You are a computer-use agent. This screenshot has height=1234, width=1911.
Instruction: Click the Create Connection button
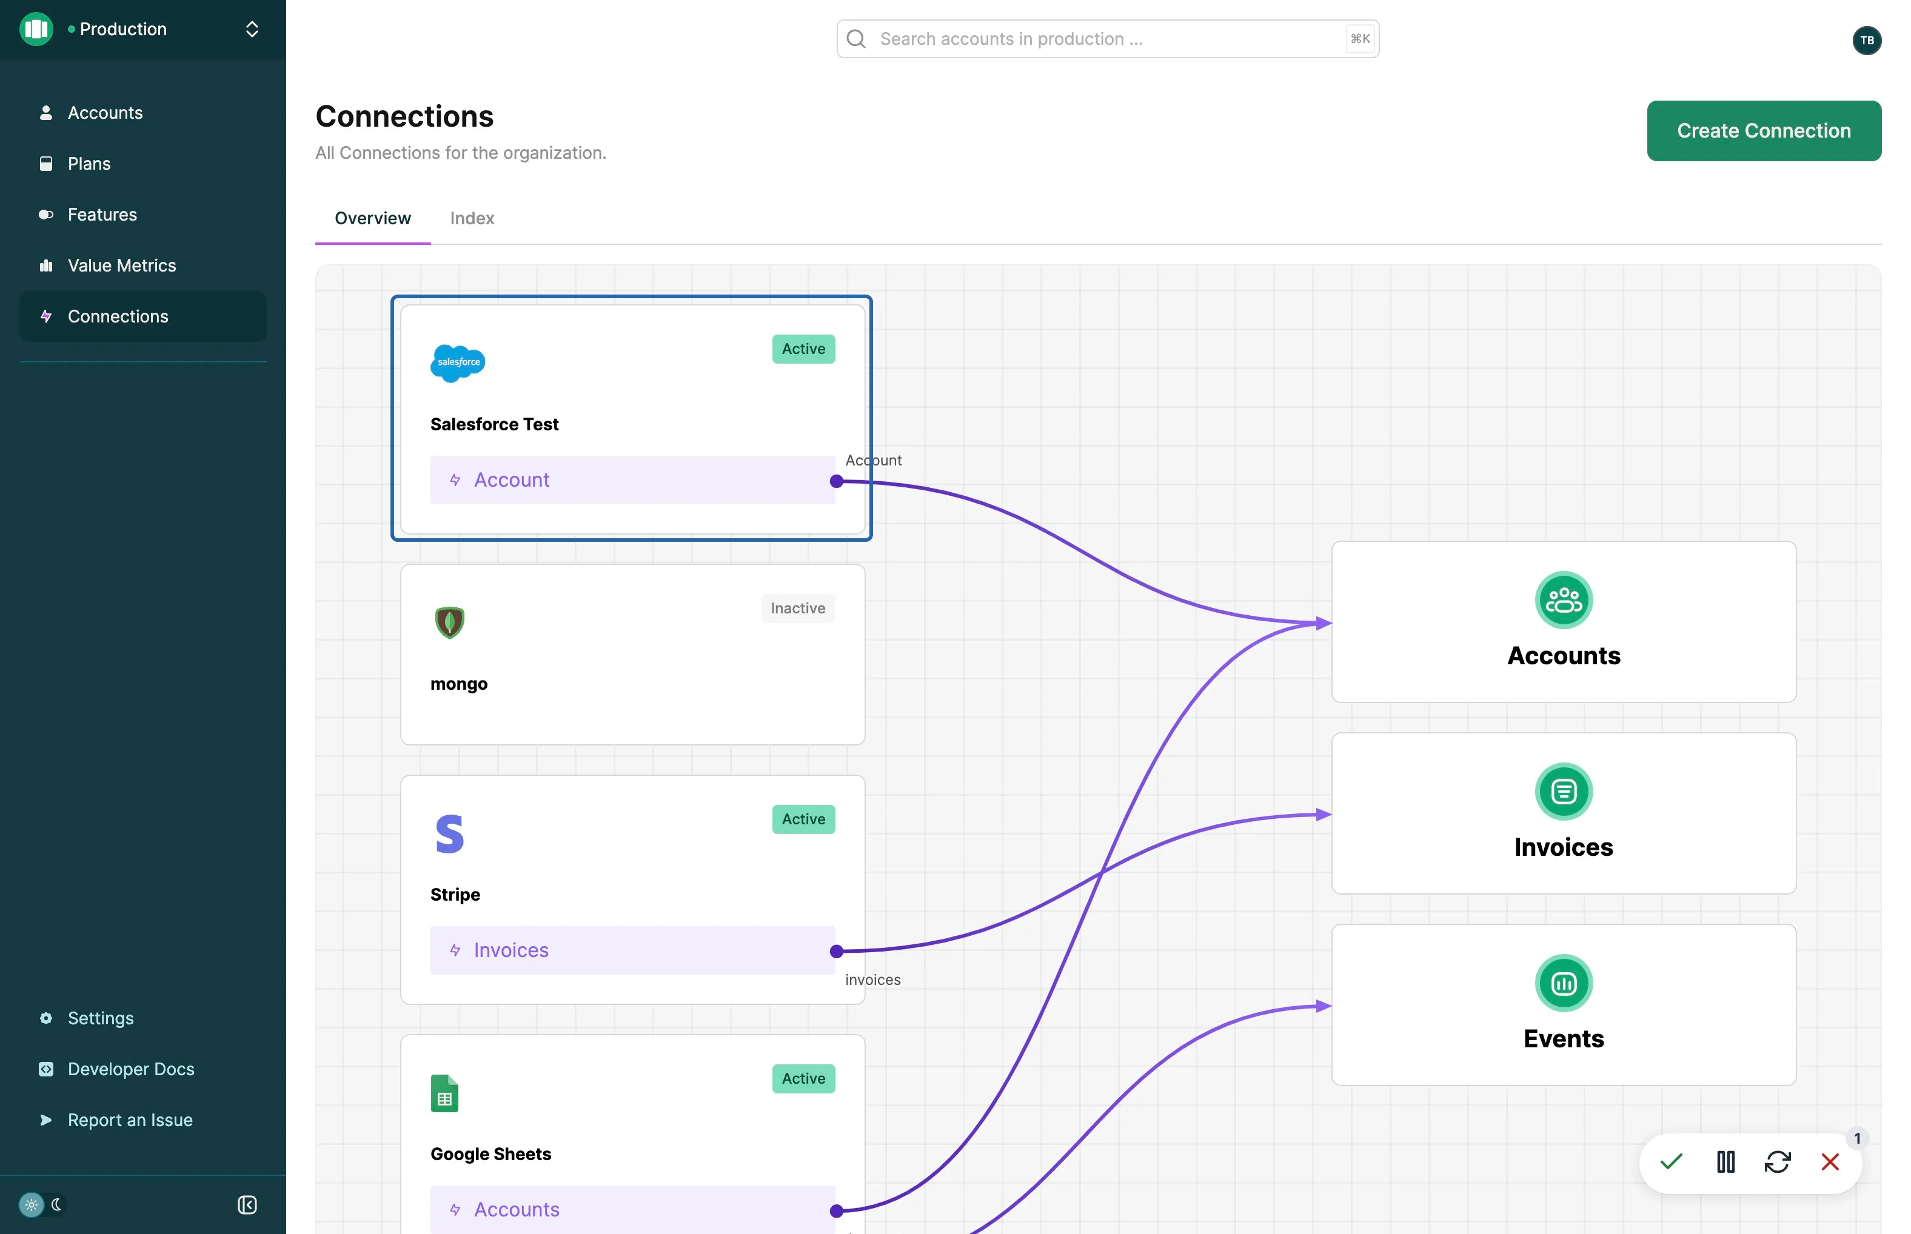pos(1764,130)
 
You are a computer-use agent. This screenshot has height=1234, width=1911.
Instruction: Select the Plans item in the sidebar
pos(89,164)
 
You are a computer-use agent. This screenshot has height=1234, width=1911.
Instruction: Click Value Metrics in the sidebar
pos(122,265)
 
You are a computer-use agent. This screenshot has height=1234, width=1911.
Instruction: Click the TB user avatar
pos(1867,40)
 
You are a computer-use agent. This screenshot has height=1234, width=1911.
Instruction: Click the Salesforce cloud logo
pos(458,363)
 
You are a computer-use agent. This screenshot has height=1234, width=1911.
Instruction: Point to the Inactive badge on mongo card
pos(798,608)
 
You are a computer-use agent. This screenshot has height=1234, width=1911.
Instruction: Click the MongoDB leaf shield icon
pos(450,622)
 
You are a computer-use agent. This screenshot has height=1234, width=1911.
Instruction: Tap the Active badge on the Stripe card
pos(803,819)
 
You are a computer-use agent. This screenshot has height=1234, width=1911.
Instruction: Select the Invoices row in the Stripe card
pos(632,950)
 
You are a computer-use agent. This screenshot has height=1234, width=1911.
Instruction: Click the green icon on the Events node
pos(1563,983)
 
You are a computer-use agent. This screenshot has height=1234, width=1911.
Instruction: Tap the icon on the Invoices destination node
pos(1563,792)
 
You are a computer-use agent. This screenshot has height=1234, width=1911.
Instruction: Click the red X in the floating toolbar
pos(1830,1162)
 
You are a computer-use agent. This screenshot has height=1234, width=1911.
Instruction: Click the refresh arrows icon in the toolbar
pos(1777,1162)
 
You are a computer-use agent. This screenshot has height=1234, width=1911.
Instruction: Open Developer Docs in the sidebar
pos(131,1069)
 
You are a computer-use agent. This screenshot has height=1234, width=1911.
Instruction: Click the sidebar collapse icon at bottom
pos(247,1204)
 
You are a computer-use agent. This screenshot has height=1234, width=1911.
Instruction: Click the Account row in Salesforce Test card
pos(632,480)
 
